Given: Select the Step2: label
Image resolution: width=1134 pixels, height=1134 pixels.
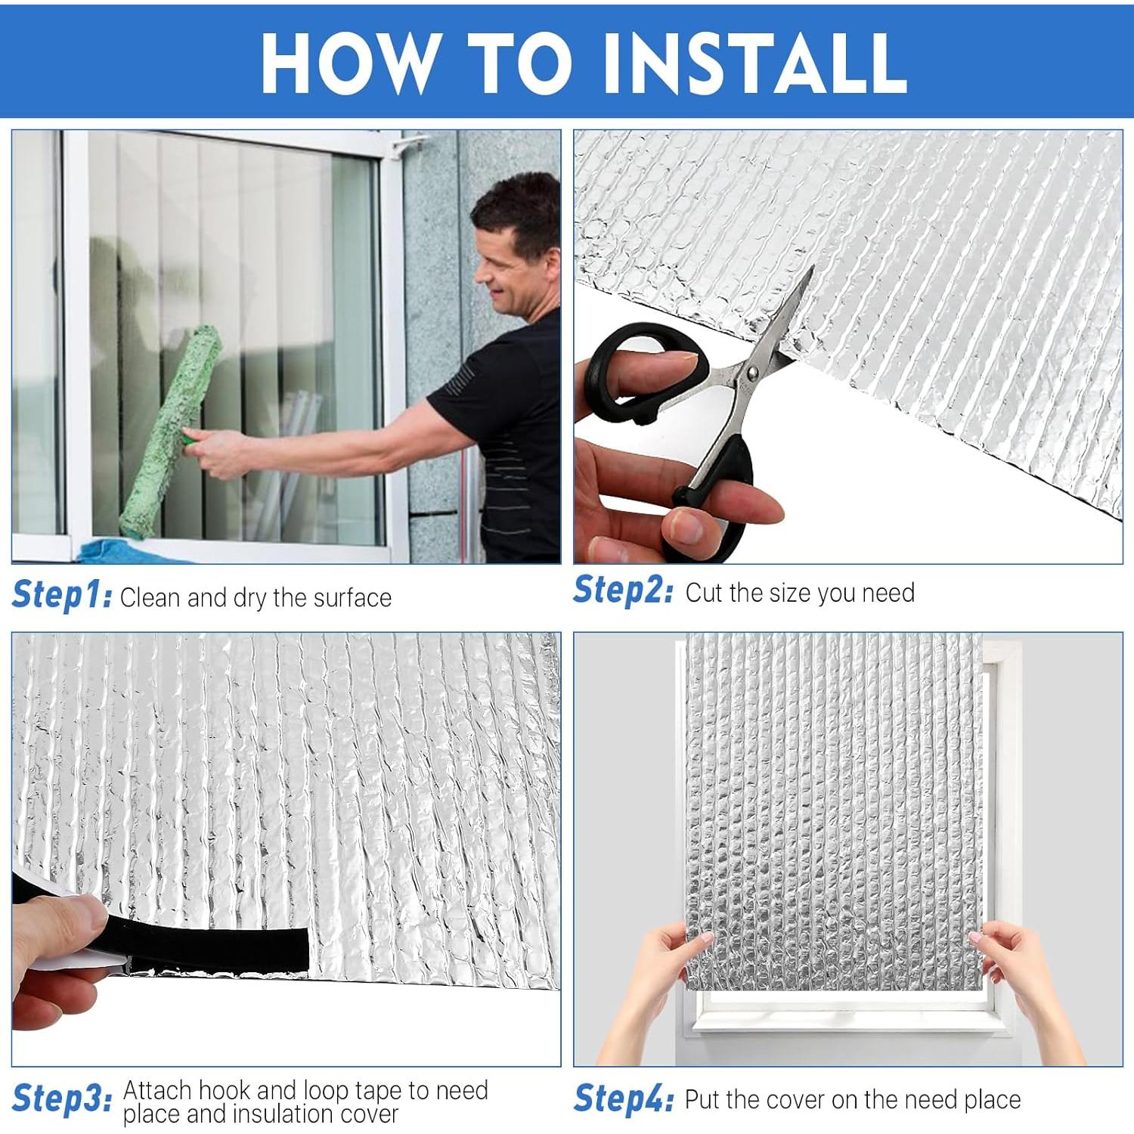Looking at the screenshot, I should pos(622,590).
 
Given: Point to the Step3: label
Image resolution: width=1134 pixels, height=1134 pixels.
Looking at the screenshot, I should pos(62,1098).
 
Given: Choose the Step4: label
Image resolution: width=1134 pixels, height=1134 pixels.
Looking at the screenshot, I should pos(623,1098).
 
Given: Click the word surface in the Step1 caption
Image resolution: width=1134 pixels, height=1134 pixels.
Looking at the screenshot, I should pos(352,598).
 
